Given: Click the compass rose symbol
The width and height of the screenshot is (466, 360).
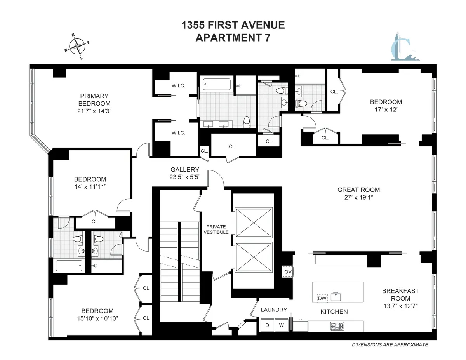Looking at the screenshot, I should [x=77, y=46].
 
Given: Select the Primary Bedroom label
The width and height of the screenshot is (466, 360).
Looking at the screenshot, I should [x=94, y=100].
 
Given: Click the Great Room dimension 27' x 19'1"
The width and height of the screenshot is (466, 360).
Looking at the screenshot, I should [x=358, y=197].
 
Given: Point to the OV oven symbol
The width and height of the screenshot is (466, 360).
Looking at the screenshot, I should [x=287, y=272].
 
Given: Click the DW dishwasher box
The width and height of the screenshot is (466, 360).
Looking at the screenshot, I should [x=322, y=298].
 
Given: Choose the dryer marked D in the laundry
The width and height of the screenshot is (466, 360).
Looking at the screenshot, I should [x=267, y=325].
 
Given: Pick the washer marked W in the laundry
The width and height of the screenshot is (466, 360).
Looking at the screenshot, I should [x=282, y=325].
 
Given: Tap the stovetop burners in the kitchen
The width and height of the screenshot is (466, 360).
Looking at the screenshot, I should [x=337, y=326].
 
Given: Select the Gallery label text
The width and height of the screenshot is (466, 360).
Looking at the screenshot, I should [x=185, y=170].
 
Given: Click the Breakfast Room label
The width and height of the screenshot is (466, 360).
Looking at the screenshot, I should [x=400, y=295].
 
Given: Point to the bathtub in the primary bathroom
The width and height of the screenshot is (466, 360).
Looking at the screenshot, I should [x=217, y=84].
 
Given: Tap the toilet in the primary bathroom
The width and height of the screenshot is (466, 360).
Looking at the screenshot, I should [x=246, y=122].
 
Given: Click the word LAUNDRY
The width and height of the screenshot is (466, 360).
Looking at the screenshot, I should [x=274, y=310].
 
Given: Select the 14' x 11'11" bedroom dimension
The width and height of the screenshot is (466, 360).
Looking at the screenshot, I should [x=90, y=187].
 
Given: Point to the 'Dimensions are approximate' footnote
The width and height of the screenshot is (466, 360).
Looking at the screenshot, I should [x=389, y=344].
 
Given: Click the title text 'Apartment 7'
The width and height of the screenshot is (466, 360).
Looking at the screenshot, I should [x=233, y=38].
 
